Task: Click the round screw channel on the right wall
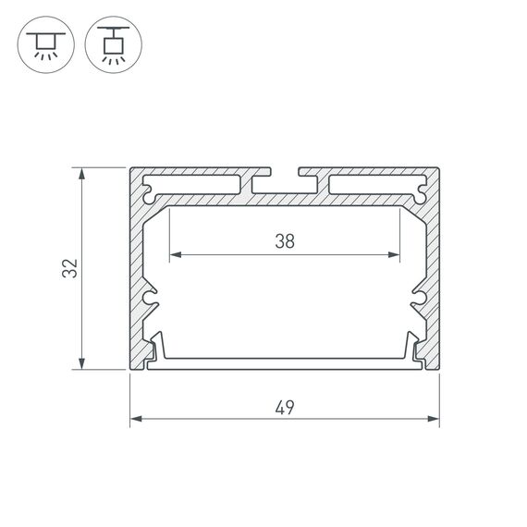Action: click(x=420, y=298)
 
